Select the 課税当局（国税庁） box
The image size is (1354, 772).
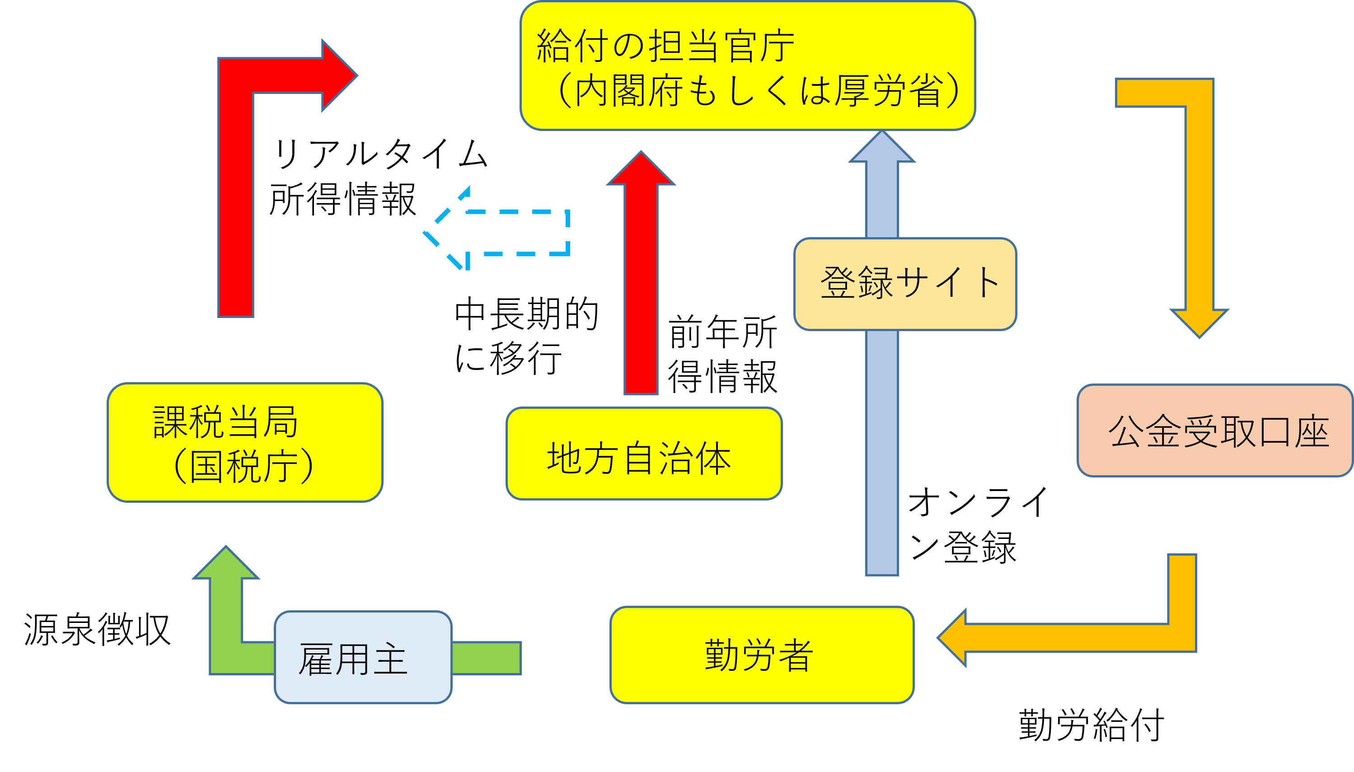245,442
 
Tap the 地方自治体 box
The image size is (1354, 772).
644,454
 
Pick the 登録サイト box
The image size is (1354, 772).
904,284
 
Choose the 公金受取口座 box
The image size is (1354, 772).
1214,430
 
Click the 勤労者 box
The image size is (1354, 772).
761,655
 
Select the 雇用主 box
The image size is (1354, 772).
363,657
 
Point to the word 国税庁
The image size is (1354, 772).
244,467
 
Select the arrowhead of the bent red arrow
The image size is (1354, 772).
337,75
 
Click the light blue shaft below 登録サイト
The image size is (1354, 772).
881,451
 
